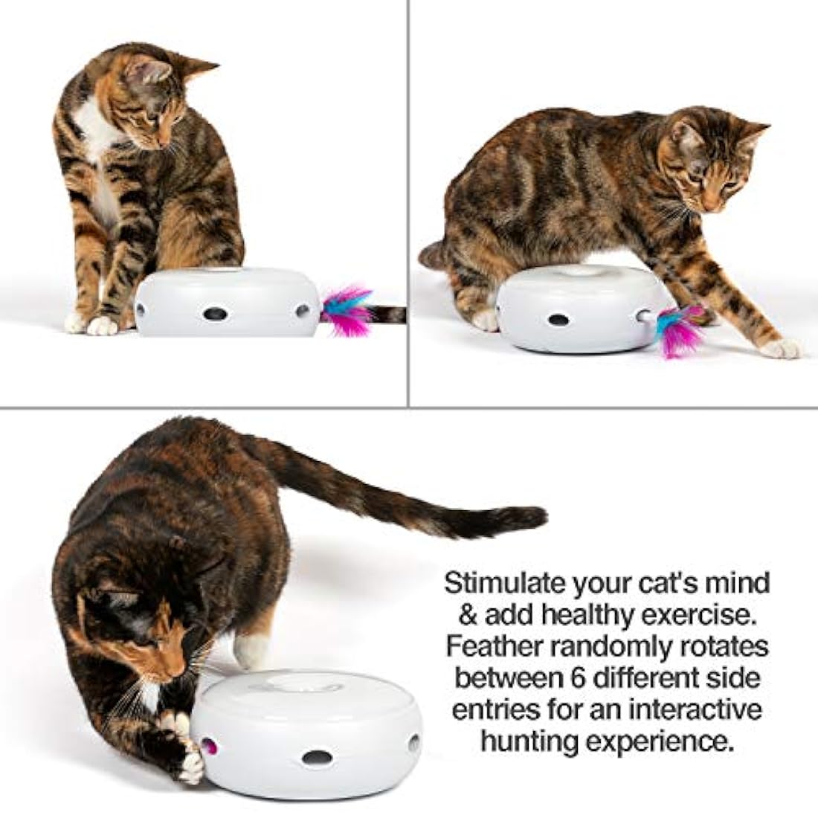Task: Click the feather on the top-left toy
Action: tap(347, 309)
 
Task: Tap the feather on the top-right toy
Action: tap(678, 329)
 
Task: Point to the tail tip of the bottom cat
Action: tap(534, 516)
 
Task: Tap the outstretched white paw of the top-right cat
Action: tap(781, 347)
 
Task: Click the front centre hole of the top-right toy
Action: tap(557, 320)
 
